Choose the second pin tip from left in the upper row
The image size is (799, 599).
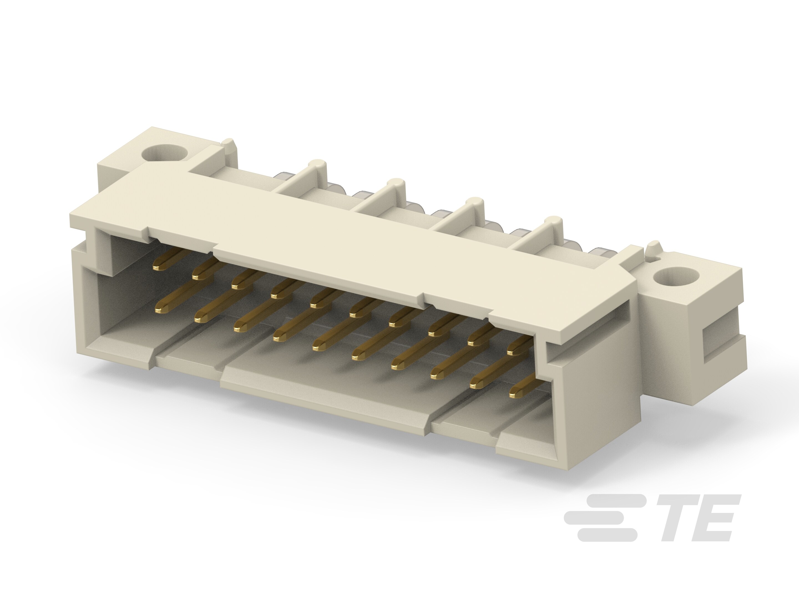point(197,276)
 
